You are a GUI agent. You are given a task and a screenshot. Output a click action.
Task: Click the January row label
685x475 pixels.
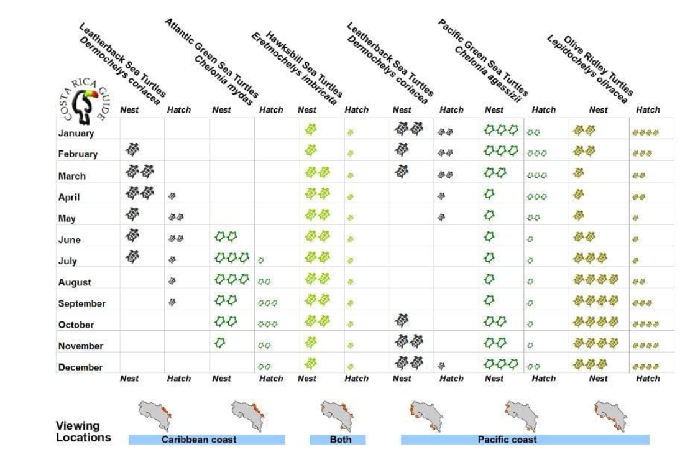pyautogui.click(x=76, y=133)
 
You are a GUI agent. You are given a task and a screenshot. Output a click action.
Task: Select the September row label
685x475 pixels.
pyautogui.click(x=82, y=304)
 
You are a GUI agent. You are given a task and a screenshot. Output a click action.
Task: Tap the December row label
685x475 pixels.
pyautogui.click(x=81, y=367)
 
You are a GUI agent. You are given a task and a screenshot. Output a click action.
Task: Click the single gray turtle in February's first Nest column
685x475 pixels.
pyautogui.click(x=132, y=149)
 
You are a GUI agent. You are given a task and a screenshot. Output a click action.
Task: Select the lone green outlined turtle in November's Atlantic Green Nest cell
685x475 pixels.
pyautogui.click(x=219, y=341)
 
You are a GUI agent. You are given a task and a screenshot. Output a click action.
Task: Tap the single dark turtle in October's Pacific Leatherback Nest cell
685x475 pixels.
pyautogui.click(x=403, y=320)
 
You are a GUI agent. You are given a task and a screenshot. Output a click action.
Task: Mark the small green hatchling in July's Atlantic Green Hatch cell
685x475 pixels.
pyautogui.click(x=262, y=260)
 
